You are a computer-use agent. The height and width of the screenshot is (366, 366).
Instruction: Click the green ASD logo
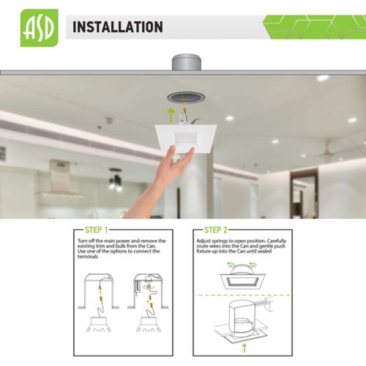[x=40, y=28]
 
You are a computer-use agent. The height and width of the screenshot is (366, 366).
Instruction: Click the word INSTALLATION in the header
[x=118, y=27]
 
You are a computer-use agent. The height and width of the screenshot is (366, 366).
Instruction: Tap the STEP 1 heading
[x=96, y=230]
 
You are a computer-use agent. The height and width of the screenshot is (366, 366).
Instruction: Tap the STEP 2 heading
[x=216, y=230]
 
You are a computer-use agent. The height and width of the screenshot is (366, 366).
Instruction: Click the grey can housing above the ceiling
[x=187, y=63]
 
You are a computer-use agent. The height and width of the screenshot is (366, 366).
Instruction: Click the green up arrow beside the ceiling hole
[x=171, y=115]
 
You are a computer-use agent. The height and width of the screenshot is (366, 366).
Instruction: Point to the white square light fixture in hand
[x=186, y=137]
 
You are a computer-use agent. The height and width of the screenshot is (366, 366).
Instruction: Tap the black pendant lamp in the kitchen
[x=115, y=179]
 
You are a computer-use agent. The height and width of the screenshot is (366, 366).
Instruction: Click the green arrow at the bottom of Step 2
[x=244, y=348]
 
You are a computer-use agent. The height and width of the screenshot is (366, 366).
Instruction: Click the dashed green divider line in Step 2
[x=243, y=295]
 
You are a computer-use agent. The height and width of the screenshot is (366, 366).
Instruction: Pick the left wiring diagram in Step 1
[x=99, y=302]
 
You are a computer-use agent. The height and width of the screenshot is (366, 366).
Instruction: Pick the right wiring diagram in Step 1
[x=148, y=302]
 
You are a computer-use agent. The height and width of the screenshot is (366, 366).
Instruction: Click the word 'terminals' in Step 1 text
[x=88, y=257]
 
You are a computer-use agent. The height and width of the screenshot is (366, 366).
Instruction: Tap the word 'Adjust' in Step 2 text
[x=203, y=241]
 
